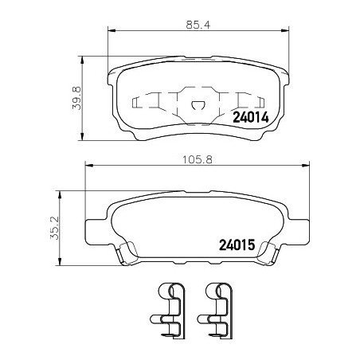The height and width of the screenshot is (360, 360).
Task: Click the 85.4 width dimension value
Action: pos(198,25)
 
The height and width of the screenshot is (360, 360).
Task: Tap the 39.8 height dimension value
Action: pos(76,98)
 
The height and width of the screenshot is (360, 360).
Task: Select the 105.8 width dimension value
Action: pos(198,160)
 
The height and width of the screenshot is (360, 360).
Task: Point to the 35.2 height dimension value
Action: pos(55,228)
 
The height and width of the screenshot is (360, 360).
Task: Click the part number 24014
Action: pos(251,117)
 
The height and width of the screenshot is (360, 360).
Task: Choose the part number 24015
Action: pos(237,245)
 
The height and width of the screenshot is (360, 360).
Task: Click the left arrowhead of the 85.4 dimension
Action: pos(112,31)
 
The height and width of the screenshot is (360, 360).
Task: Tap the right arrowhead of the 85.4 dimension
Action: pos(285,31)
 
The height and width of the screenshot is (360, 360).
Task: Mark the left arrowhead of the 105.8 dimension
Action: pos(88,166)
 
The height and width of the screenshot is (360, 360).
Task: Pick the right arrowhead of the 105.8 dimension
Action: pos(306,166)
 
